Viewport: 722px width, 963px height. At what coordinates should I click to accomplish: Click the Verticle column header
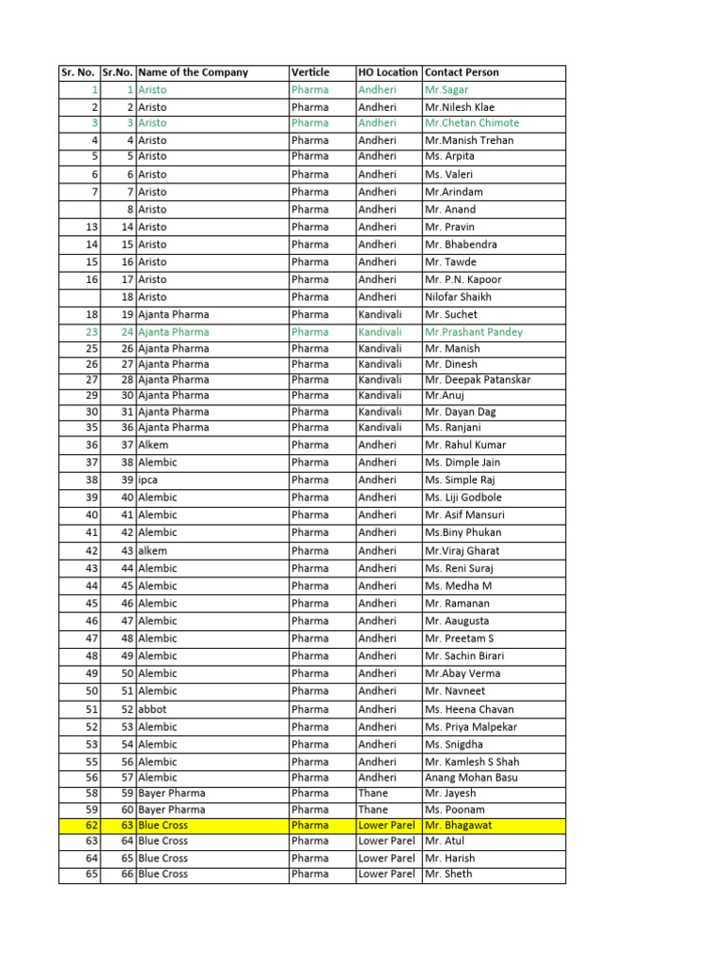[310, 72]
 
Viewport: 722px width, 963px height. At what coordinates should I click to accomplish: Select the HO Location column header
[387, 72]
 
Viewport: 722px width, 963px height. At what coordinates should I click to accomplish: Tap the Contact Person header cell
[462, 72]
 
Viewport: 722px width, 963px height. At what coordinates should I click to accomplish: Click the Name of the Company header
[193, 72]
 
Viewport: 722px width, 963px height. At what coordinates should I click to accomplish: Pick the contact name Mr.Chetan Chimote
[471, 123]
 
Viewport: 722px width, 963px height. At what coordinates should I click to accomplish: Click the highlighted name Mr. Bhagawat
[458, 826]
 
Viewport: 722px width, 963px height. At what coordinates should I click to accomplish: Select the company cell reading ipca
[148, 480]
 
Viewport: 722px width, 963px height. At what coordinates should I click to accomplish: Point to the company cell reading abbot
[152, 709]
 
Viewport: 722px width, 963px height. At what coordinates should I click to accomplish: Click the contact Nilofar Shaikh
[458, 297]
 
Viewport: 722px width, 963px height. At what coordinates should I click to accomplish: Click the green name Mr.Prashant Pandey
[474, 332]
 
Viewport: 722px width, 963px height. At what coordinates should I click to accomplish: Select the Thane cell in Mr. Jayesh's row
[372, 794]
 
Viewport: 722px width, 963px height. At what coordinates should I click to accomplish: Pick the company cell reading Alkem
[152, 445]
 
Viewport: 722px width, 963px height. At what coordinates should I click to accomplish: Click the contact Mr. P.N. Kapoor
[463, 279]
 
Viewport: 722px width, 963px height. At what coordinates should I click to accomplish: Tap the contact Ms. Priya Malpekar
[470, 727]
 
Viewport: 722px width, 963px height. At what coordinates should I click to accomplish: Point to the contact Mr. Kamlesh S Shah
[472, 762]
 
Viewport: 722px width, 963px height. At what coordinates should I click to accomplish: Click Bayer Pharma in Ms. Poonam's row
[171, 810]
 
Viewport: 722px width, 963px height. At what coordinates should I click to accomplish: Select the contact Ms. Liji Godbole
[463, 497]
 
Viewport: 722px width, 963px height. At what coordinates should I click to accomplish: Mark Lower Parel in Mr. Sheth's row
[386, 874]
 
